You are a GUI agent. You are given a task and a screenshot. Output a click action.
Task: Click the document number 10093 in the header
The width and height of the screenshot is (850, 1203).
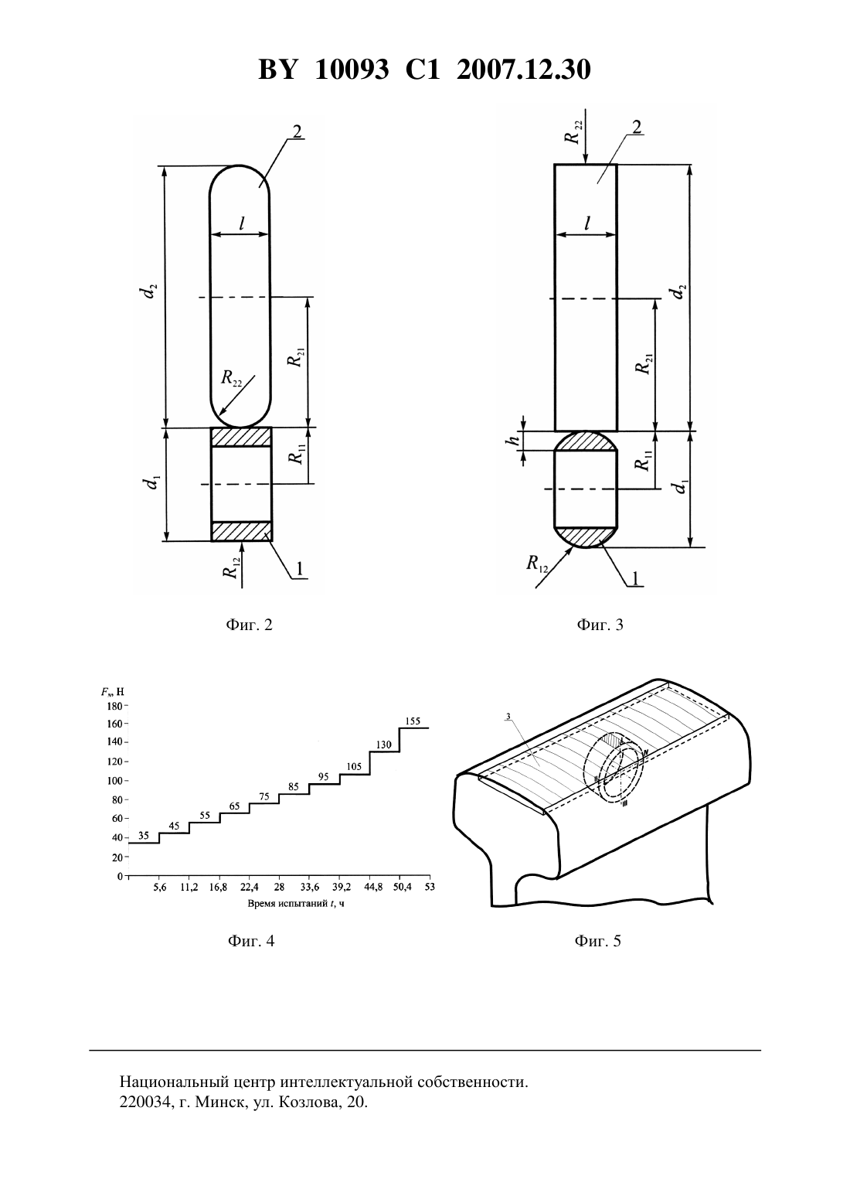tap(352, 70)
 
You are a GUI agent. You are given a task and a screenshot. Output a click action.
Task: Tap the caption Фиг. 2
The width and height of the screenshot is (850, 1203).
tap(249, 625)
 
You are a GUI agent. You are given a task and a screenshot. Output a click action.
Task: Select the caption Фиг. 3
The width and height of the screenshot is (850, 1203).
tap(600, 625)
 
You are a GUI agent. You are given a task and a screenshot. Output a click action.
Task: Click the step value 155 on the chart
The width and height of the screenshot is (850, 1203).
tap(412, 721)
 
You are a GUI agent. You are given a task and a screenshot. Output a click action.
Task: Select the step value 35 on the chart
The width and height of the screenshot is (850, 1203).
tap(143, 836)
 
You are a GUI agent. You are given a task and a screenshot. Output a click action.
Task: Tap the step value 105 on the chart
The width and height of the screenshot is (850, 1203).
tap(354, 767)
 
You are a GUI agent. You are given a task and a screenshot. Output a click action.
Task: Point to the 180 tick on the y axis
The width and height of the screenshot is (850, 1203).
tap(115, 706)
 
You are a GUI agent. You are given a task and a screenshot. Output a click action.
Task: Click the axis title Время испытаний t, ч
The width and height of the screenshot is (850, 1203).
tap(296, 903)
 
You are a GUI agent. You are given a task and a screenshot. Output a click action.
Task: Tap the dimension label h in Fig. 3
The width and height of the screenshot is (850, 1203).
tap(514, 440)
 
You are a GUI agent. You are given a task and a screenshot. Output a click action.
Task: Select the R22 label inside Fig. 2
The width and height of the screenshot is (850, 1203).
tap(232, 378)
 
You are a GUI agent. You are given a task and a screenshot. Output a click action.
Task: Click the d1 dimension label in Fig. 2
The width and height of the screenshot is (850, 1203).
tap(154, 482)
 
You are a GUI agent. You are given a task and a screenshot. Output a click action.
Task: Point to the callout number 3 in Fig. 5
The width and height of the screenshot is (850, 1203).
tap(508, 716)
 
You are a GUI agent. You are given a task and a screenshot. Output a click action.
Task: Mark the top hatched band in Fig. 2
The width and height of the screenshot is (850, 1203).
tap(240, 437)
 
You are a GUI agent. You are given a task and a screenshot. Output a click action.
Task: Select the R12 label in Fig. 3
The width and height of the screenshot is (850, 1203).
tap(536, 564)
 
